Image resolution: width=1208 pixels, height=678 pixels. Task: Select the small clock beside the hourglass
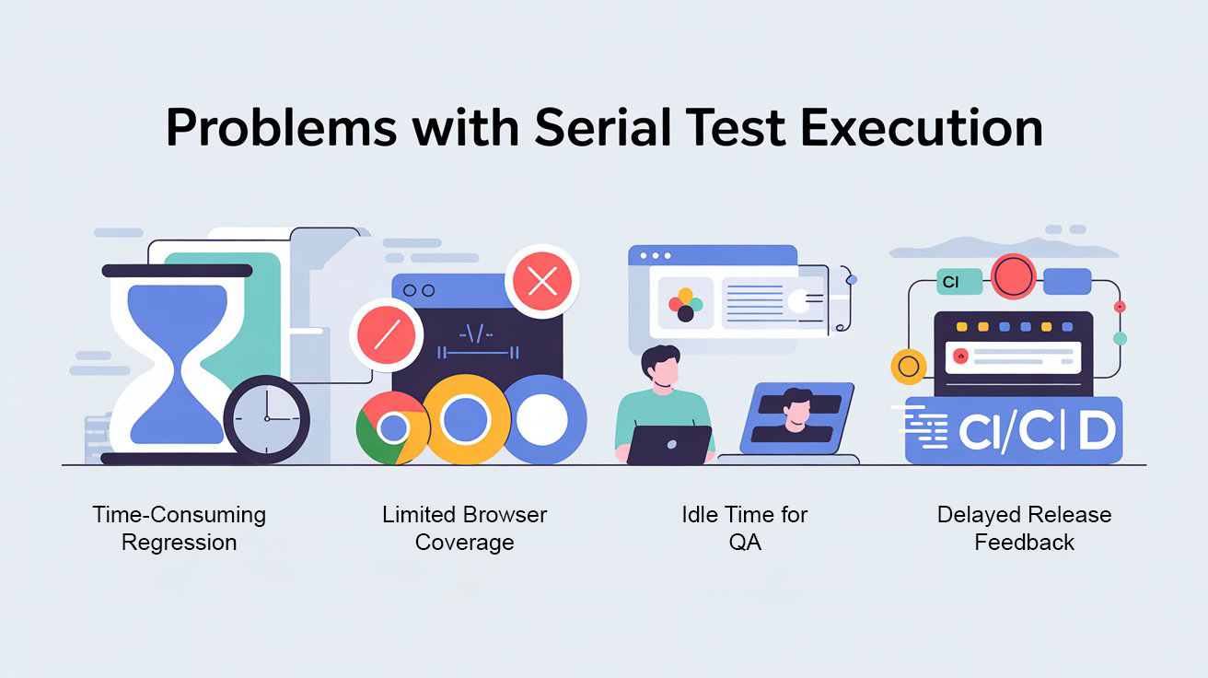pyautogui.click(x=267, y=419)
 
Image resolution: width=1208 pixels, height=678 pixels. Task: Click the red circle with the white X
pyautogui.click(x=542, y=281)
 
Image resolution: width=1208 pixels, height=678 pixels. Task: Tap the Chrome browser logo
pyautogui.click(x=393, y=427)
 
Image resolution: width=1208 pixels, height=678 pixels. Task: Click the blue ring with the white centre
pyautogui.click(x=541, y=419)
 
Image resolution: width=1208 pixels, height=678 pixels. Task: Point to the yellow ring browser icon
pyautogui.click(x=465, y=420)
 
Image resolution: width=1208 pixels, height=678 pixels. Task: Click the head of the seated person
pyautogui.click(x=661, y=366)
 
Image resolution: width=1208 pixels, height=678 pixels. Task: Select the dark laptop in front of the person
pyautogui.click(x=669, y=444)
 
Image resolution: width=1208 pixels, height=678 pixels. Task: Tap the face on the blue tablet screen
pyautogui.click(x=796, y=410)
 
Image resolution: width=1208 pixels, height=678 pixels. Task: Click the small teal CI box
pyautogui.click(x=951, y=283)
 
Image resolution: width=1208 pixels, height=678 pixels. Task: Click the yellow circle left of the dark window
pyautogui.click(x=909, y=367)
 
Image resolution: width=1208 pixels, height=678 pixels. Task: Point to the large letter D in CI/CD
pyautogui.click(x=1097, y=431)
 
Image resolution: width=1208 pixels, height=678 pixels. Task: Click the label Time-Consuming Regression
pyautogui.click(x=179, y=528)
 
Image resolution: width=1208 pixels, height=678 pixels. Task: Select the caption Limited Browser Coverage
pyautogui.click(x=464, y=528)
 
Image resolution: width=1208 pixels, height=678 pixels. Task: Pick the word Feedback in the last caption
pyautogui.click(x=1024, y=542)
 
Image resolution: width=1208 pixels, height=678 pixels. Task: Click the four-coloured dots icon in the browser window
pyautogui.click(x=685, y=305)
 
